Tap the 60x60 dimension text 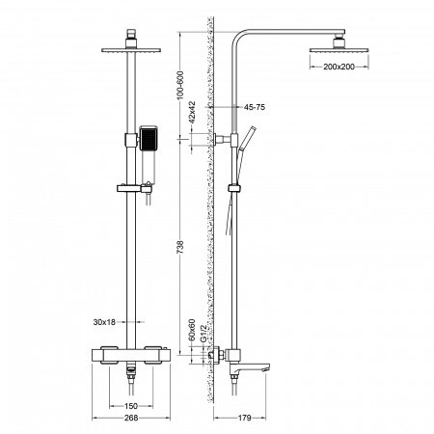[193, 332]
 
